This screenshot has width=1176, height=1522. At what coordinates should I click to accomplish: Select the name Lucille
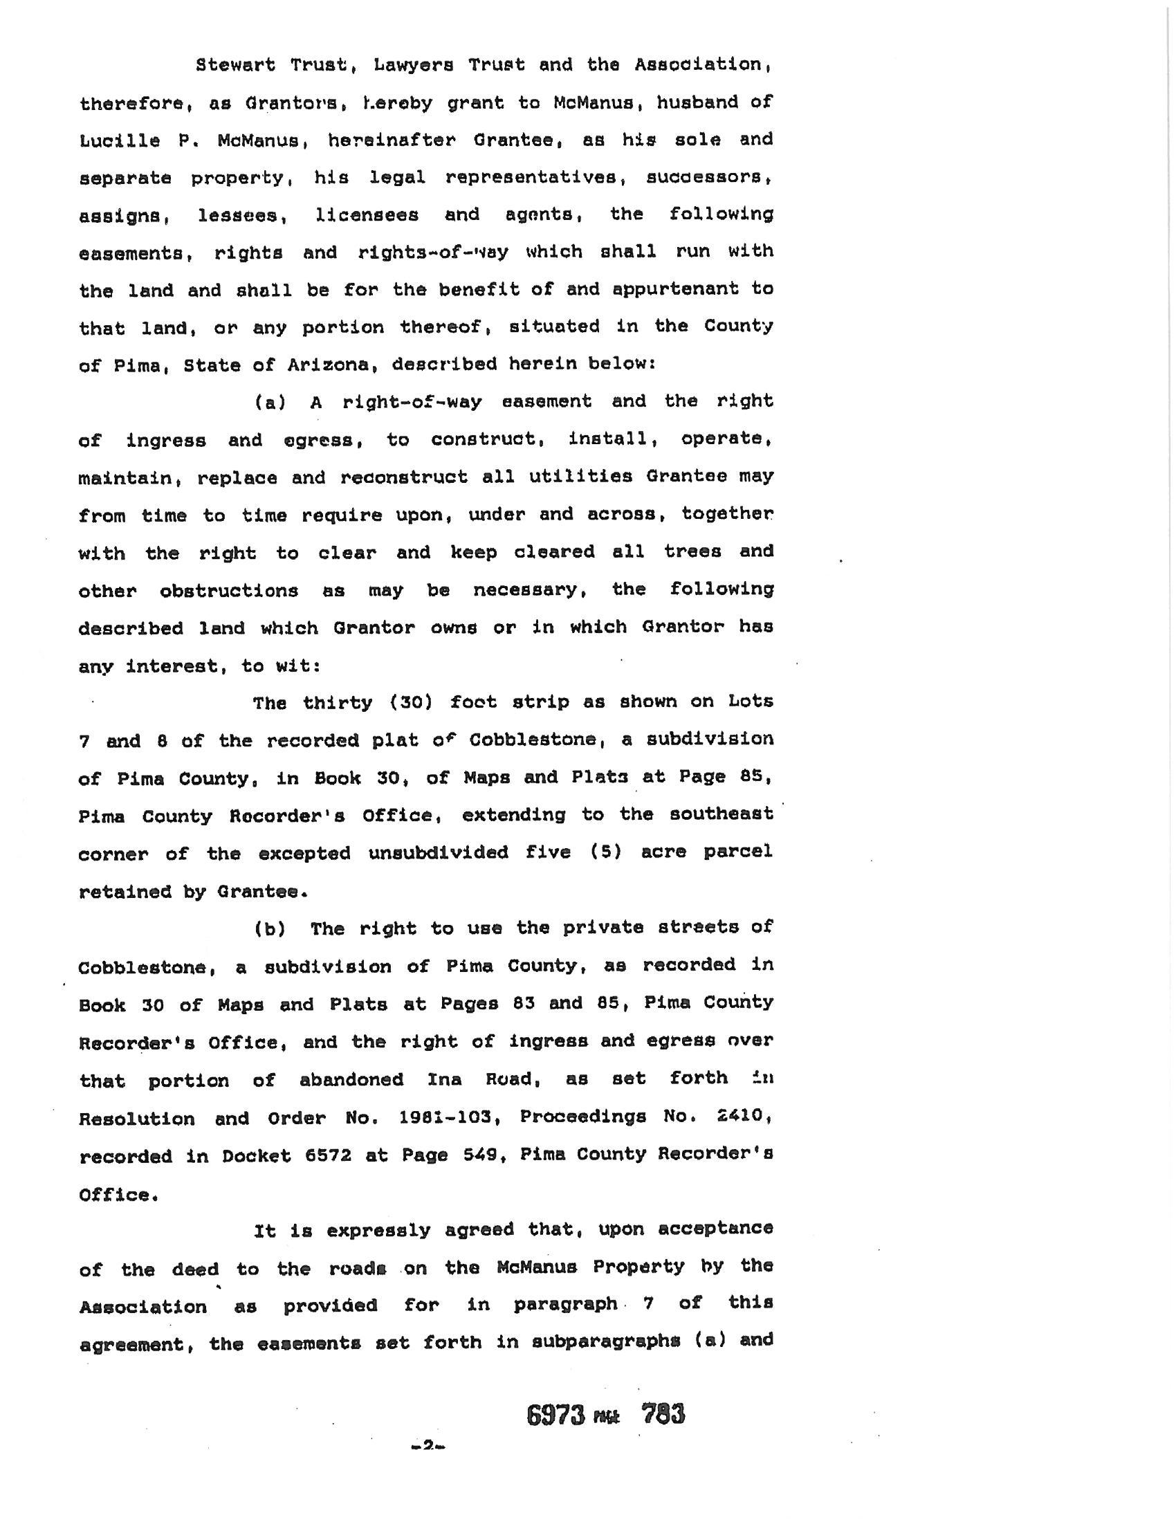tap(119, 140)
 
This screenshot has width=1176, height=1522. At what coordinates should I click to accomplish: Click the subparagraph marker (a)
tap(270, 402)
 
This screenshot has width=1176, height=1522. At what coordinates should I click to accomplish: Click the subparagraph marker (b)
tap(270, 929)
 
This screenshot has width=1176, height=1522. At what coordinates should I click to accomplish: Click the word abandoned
tap(351, 1080)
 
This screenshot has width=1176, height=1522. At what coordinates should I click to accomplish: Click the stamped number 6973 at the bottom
tap(555, 1414)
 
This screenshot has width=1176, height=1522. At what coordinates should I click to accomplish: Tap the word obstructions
tap(228, 591)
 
